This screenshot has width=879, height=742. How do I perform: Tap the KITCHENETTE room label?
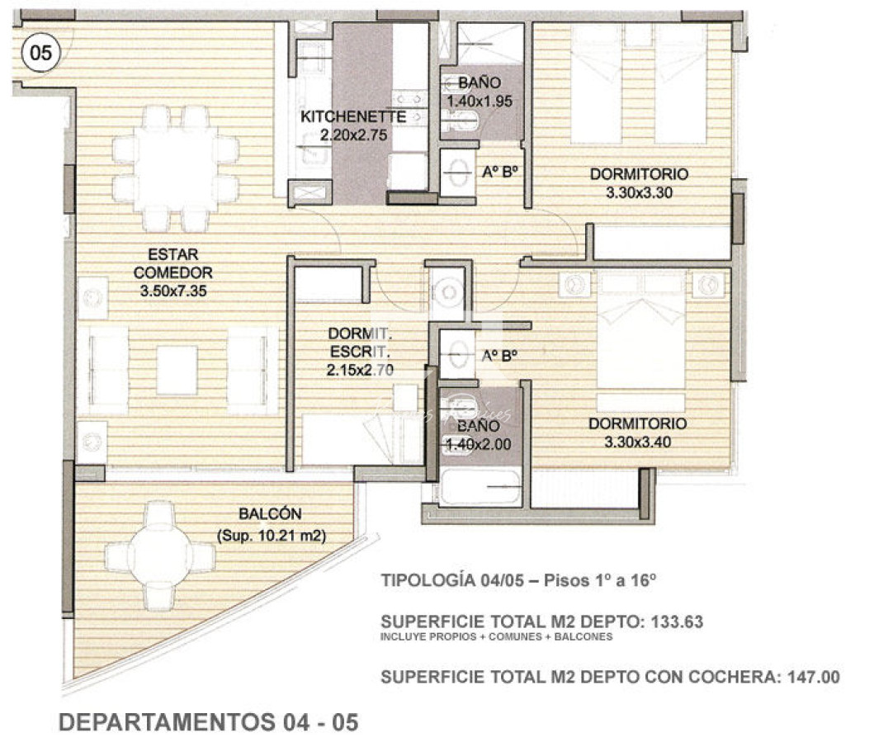click(353, 116)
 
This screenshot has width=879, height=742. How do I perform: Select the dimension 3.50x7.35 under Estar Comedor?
click(173, 291)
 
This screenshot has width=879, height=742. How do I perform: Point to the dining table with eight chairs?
click(176, 168)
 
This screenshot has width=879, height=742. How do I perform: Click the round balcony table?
click(159, 555)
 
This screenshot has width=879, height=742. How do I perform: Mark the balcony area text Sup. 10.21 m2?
click(272, 536)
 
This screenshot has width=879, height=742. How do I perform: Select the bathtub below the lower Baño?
click(480, 487)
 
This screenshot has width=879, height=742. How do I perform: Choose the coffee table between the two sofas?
click(177, 369)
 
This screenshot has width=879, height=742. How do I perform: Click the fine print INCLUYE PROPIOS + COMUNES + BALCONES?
click(496, 637)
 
